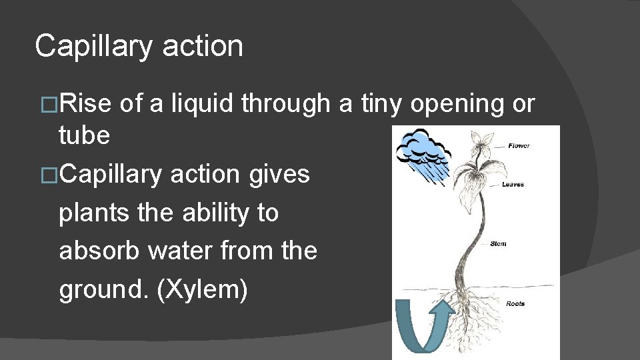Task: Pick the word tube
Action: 84,135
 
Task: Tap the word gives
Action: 280,174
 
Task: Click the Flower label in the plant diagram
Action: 519,145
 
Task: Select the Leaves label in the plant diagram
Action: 513,185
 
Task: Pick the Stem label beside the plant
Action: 498,244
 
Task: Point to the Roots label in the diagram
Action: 515,304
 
